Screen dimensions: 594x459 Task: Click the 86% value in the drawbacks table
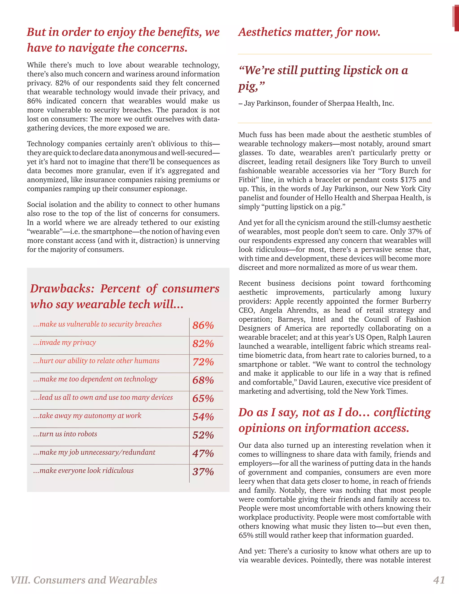[203, 325]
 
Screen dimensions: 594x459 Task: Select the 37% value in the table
[203, 472]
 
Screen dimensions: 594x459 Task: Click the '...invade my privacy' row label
[65, 343]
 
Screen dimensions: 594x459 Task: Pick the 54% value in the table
[203, 417]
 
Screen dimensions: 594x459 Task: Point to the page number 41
[439, 580]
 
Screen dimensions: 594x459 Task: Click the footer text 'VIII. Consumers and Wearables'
[84, 580]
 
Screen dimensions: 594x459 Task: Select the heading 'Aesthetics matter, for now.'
[309, 32]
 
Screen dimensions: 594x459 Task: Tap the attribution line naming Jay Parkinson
[316, 103]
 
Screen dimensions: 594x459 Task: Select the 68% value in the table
[203, 380]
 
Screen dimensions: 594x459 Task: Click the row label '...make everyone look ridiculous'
[83, 470]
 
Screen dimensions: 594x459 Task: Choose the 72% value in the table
[203, 362]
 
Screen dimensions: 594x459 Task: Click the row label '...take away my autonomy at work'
[87, 416]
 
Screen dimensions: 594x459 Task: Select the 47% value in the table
[203, 453]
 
